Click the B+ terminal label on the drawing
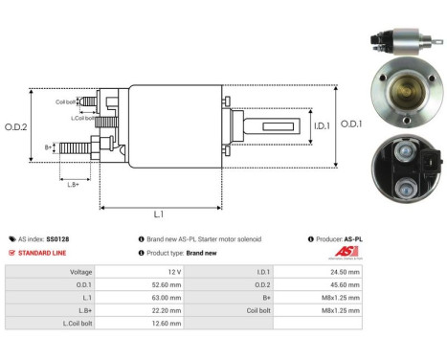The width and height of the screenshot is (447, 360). [49, 146]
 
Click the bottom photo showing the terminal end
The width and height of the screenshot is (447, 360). [400, 170]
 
